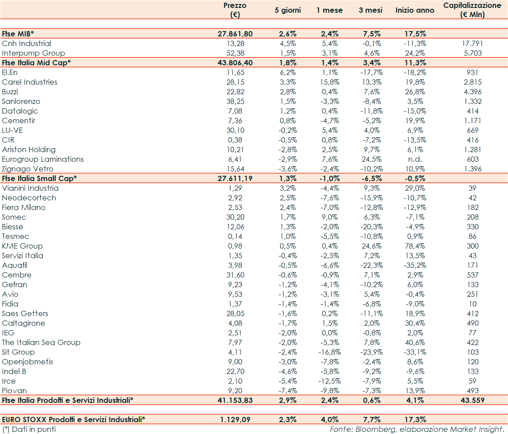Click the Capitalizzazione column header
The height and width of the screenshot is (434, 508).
pos(472,10)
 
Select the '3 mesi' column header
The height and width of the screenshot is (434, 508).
pos(370,10)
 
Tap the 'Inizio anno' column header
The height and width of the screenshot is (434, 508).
pos(415,10)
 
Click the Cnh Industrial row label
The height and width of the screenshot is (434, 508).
pos(27,43)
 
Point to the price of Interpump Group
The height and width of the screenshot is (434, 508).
pos(235,53)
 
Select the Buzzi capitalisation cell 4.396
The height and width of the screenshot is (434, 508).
pos(472,92)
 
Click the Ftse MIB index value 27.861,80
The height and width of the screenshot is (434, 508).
pos(235,34)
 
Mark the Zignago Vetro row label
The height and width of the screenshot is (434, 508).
pos(28,169)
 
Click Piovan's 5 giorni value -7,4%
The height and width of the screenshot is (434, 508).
pos(288,391)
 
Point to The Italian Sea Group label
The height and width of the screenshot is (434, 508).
pos(41,342)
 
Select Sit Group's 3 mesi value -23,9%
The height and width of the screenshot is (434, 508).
pos(370,352)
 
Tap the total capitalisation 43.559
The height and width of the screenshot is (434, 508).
pos(472,400)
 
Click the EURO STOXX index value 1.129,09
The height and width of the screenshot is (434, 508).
pos(235,420)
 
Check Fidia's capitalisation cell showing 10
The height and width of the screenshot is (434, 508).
pos(472,304)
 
